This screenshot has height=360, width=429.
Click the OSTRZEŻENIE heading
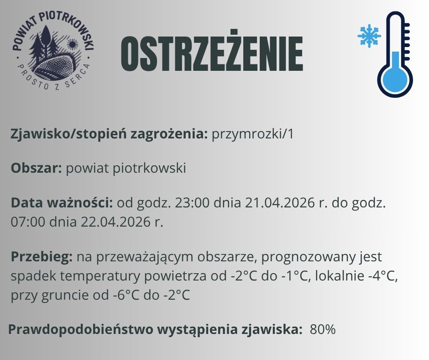(211, 54)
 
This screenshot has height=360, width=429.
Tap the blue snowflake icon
(369, 36)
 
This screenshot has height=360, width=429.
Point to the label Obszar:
(37, 168)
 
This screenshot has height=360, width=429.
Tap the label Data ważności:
(62, 202)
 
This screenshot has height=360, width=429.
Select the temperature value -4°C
(383, 276)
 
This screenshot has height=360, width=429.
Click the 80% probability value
(323, 329)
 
